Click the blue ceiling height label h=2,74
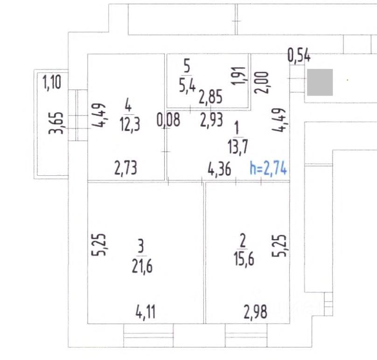point(268,168)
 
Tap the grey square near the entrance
point(320,82)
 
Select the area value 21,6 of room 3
point(142,266)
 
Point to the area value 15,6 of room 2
point(244,259)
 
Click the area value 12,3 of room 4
point(130,125)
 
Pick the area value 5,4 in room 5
point(187,85)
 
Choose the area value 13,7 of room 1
point(238,147)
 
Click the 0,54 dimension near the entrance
point(299,56)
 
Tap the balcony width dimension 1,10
point(52,82)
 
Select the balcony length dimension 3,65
point(56,123)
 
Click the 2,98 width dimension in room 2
point(255,312)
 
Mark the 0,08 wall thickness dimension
point(168,120)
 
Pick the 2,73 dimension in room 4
point(126,168)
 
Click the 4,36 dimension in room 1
point(219,169)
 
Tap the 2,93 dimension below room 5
point(211,120)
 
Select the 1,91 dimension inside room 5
point(239,76)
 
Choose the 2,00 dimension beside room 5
point(261,83)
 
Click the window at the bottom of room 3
point(148,335)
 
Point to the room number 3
point(141,246)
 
